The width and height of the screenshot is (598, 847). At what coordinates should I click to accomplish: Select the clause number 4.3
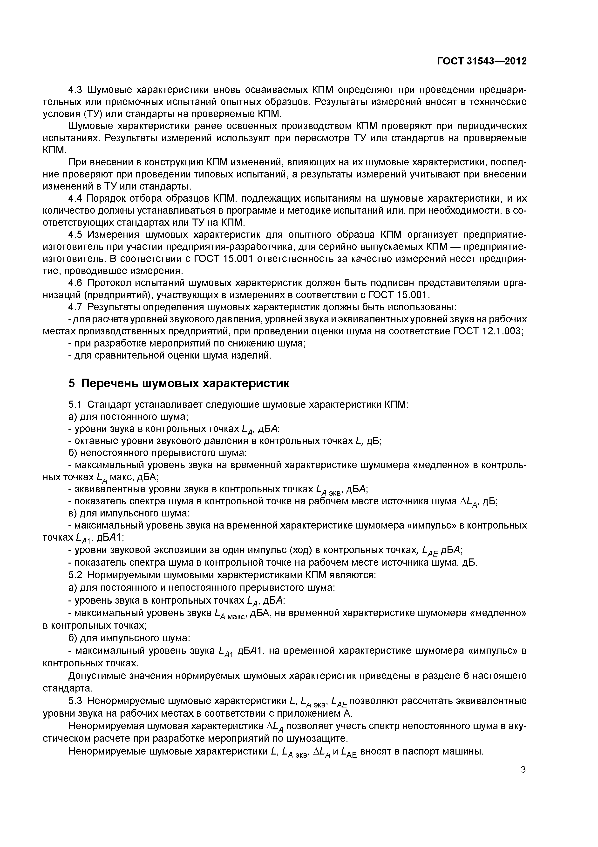(x=76, y=90)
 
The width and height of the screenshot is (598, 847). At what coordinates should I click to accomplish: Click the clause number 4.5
(x=76, y=235)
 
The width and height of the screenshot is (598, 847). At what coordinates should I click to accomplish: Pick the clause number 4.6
(x=76, y=283)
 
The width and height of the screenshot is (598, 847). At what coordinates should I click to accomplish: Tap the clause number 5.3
(x=76, y=700)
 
